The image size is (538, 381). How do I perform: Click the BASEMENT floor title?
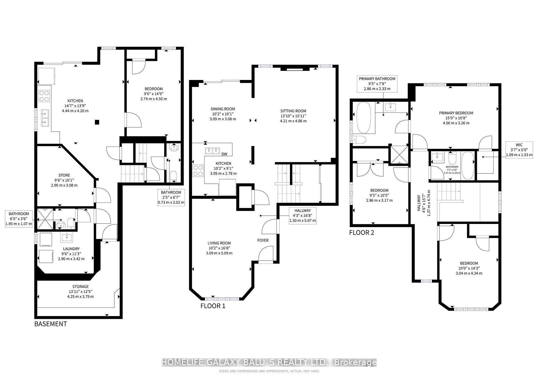click(x=51, y=324)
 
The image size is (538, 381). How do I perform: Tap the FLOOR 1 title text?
click(x=213, y=306)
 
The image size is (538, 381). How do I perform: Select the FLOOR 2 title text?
click(x=362, y=233)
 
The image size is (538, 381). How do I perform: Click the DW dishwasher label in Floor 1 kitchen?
click(x=224, y=154)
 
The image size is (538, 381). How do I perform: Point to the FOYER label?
click(x=263, y=240)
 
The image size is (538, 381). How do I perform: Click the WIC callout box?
click(x=519, y=150)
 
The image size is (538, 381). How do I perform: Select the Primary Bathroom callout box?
click(x=377, y=84)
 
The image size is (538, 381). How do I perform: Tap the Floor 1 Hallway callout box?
click(x=302, y=216)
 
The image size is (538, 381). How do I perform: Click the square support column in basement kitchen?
click(x=97, y=122)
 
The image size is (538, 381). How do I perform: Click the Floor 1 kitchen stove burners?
click(x=198, y=171)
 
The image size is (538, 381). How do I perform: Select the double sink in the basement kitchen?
click(x=45, y=118)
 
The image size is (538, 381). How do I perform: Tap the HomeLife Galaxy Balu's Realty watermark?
click(x=269, y=362)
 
